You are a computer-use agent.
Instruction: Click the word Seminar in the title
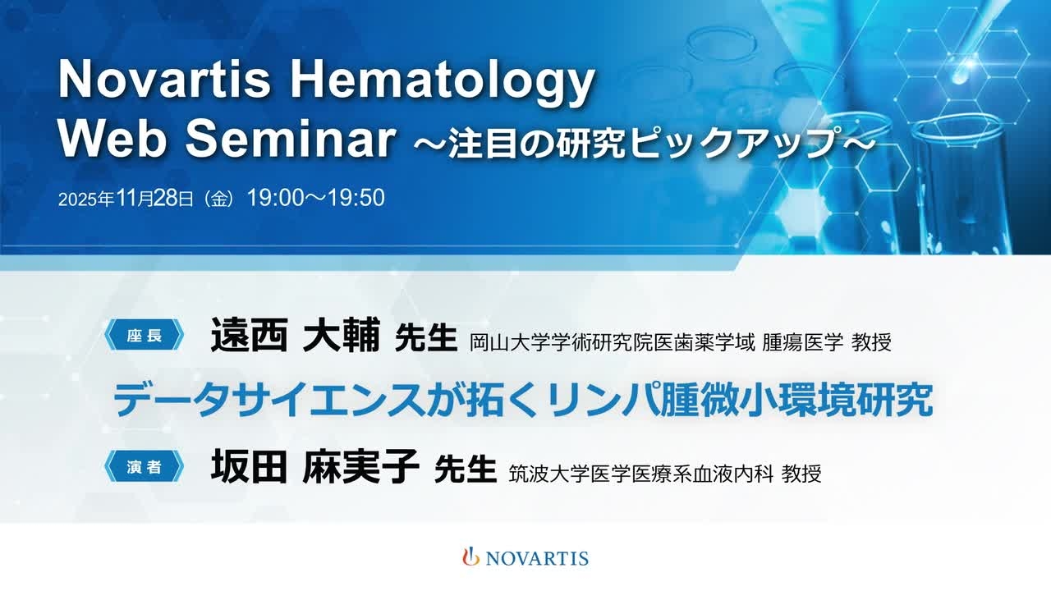pyautogui.click(x=291, y=139)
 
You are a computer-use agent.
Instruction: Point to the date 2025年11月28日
pyautogui.click(x=126, y=199)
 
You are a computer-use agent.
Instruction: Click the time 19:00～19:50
pyautogui.click(x=316, y=198)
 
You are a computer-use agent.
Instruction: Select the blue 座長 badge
pyautogui.click(x=144, y=335)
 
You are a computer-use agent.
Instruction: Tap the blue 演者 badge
pyautogui.click(x=144, y=466)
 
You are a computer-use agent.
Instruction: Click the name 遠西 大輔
pyautogui.click(x=296, y=335)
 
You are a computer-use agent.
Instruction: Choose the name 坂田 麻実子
pyautogui.click(x=314, y=466)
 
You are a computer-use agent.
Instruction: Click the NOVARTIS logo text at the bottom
pyautogui.click(x=537, y=558)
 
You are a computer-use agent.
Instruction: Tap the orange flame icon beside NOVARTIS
pyautogui.click(x=470, y=557)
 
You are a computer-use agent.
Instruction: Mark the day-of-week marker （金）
pyautogui.click(x=219, y=199)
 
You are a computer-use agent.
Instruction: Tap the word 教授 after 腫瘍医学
pyautogui.click(x=871, y=342)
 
